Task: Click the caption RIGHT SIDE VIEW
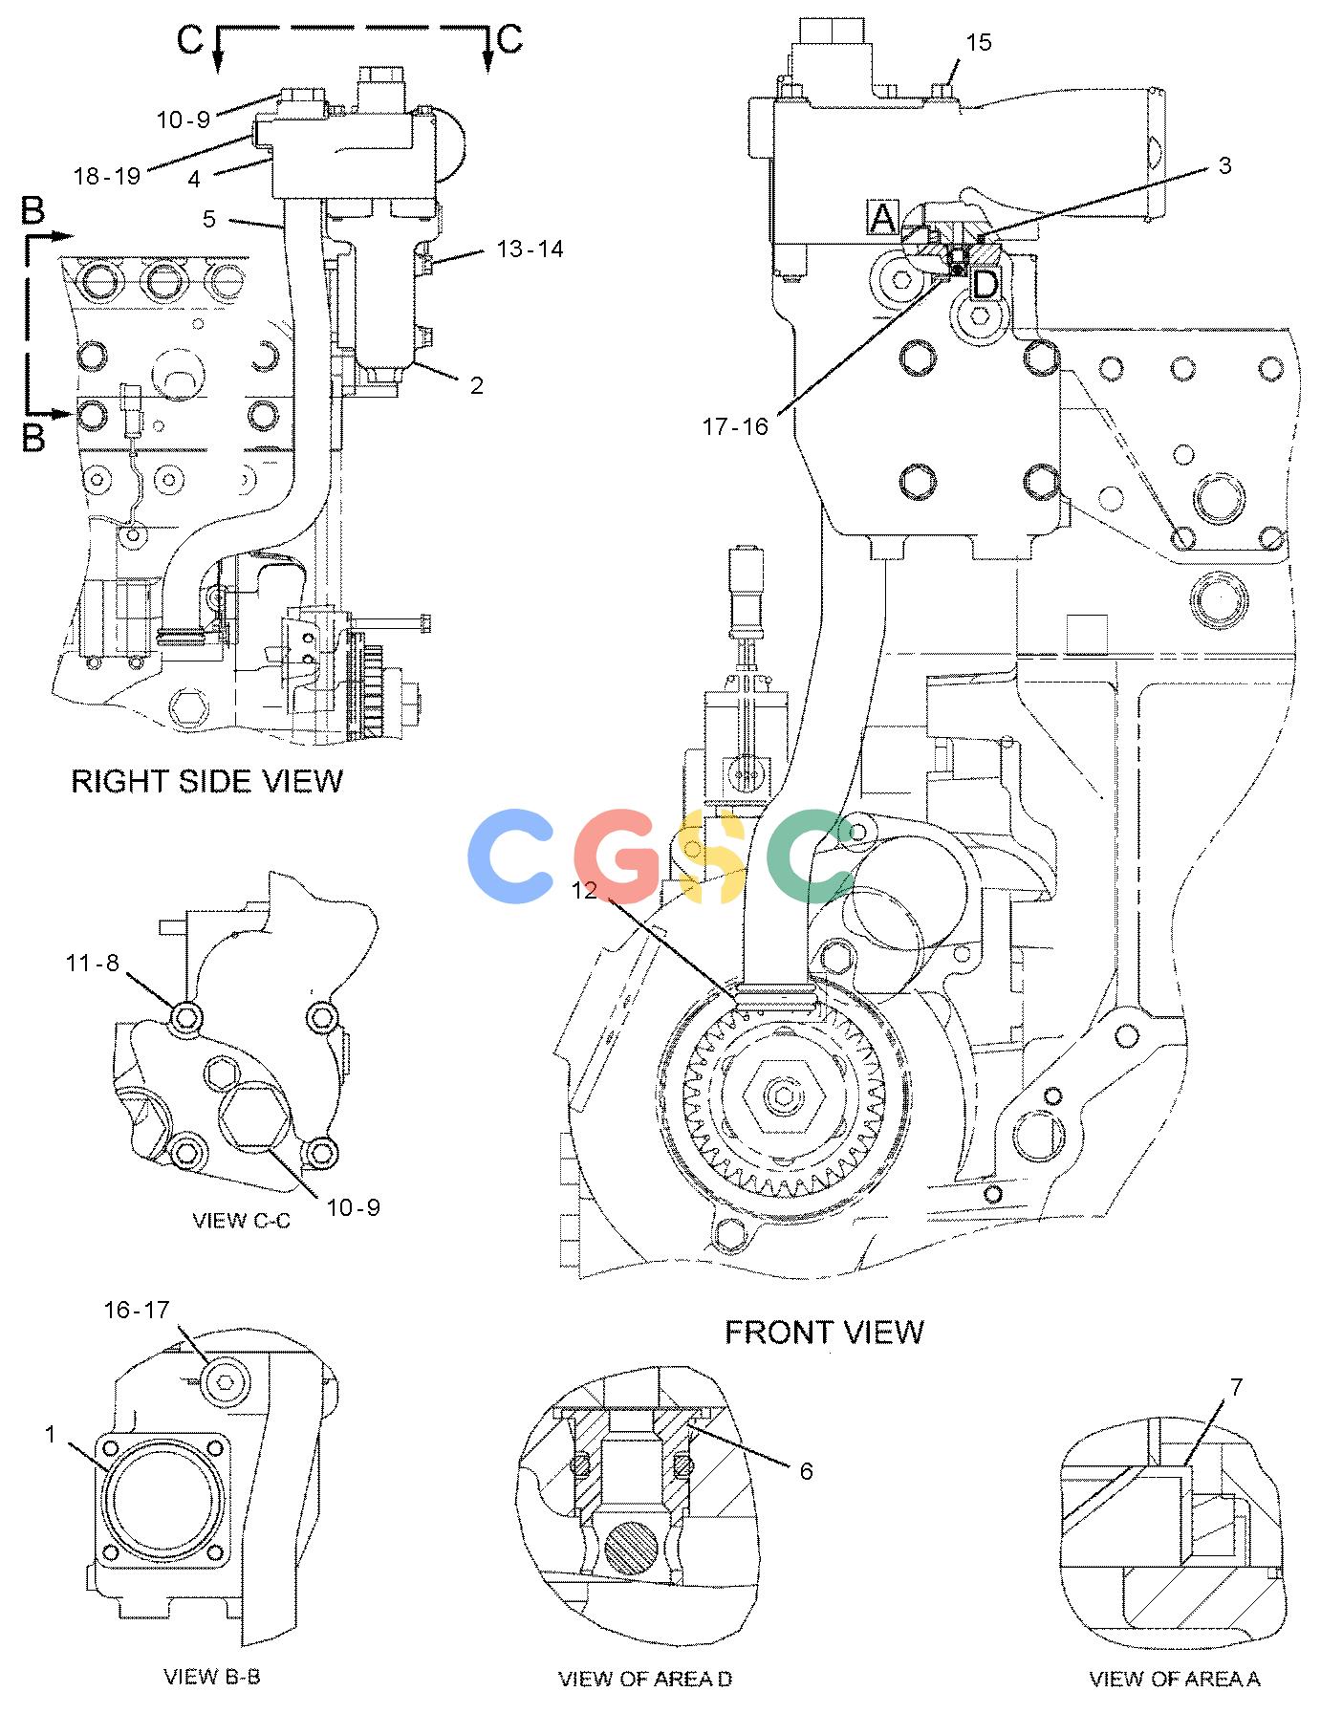point(206,781)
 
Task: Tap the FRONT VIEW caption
point(824,1332)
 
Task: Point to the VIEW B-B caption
point(212,1676)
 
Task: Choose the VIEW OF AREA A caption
point(1175,1679)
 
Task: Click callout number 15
point(979,42)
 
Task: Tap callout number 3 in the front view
point(1224,165)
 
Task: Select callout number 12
point(584,890)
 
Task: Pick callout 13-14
point(531,249)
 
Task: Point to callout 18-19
point(107,176)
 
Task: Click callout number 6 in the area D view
point(806,1471)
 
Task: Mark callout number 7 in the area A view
point(1236,1387)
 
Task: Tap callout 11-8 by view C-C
point(93,963)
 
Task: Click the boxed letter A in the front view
point(882,218)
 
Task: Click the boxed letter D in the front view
point(985,284)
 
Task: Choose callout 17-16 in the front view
point(736,427)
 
